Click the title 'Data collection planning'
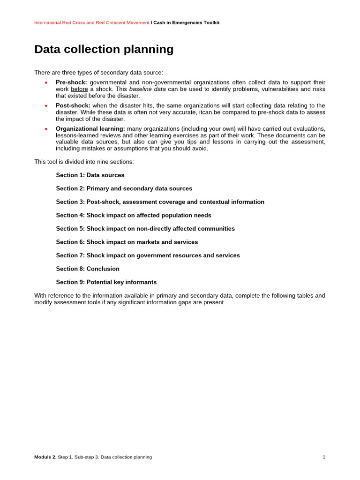(104, 49)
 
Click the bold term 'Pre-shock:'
(71, 82)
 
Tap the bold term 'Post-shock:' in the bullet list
(73, 105)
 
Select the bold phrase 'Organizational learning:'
(90, 128)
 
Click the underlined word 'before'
(79, 89)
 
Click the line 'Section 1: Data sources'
(90, 175)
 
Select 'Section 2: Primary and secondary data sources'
(124, 188)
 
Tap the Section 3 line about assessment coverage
(160, 202)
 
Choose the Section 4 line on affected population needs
(134, 215)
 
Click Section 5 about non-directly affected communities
(145, 229)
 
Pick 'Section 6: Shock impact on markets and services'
(127, 242)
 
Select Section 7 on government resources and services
(148, 255)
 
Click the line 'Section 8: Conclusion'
(88, 269)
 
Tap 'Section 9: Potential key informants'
(106, 282)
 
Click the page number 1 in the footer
(323, 457)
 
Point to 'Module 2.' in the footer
(45, 457)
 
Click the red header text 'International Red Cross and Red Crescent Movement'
(91, 22)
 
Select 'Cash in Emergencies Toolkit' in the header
(186, 22)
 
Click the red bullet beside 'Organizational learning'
(46, 128)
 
